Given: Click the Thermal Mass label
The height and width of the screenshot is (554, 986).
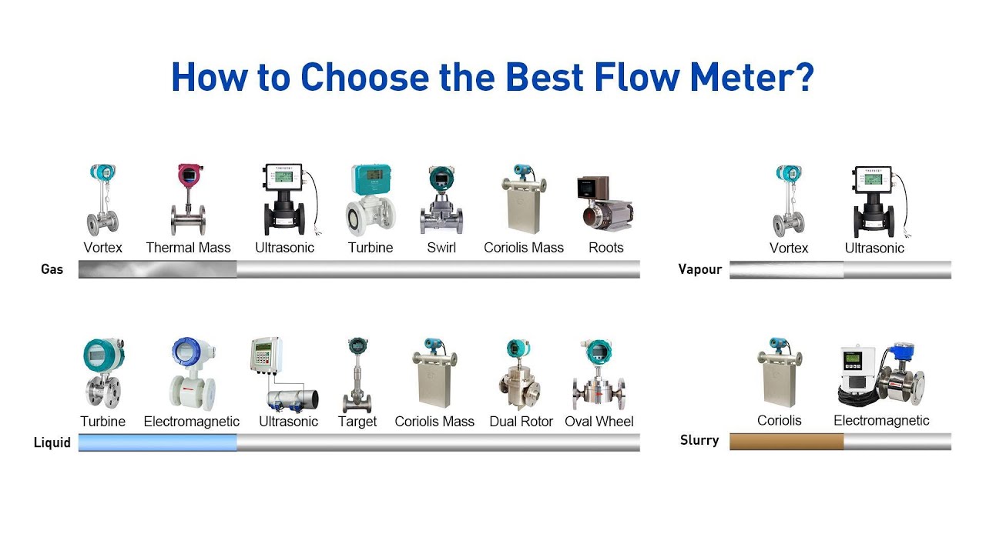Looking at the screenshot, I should click(188, 248).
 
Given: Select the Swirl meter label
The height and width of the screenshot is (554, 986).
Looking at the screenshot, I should click(441, 248).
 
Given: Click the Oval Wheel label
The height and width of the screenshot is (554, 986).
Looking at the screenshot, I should click(599, 422).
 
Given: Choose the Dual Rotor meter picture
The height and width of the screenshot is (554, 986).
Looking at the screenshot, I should click(521, 375).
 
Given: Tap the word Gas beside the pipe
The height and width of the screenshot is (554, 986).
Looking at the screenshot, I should click(52, 269).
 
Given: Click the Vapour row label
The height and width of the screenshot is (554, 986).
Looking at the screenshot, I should click(699, 269).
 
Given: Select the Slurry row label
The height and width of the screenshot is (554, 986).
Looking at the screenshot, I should click(699, 440).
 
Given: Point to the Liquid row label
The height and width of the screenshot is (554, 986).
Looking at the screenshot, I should click(52, 442).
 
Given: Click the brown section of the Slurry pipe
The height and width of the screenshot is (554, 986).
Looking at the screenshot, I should click(786, 442).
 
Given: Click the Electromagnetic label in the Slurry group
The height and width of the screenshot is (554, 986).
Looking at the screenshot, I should click(881, 421).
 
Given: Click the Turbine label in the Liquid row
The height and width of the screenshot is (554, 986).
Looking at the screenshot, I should click(102, 422).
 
